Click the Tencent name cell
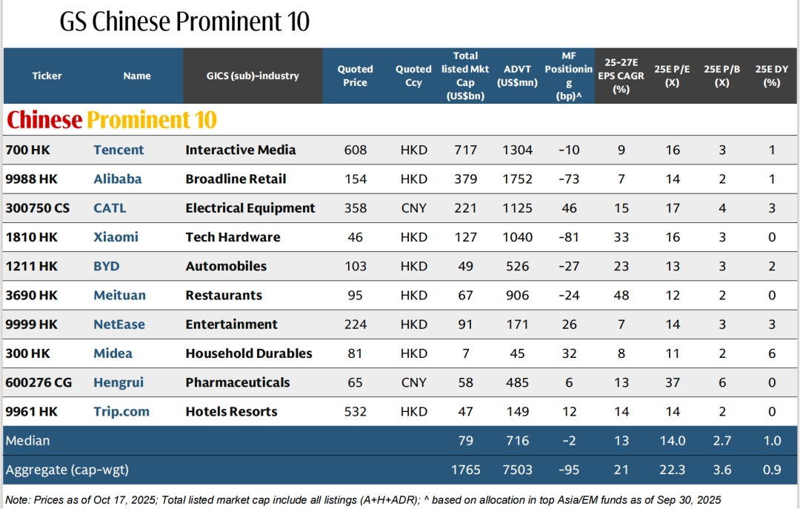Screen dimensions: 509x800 pos(119,150)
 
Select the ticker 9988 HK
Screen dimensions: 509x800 pos(31,179)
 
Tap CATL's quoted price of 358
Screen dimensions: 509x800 pos(356,208)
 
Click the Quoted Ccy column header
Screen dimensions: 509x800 pos(413,76)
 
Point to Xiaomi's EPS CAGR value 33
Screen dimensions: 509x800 pos(621,237)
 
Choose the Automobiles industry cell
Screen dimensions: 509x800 pos(226,266)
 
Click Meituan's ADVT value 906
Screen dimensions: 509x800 pos(516,296)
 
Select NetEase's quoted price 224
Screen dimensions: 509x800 pos(356,325)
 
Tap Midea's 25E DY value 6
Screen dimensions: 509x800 pos(772,353)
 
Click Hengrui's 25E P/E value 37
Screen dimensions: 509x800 pos(672,382)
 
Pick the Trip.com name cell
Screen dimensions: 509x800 pos(121,412)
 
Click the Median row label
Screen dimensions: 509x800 pos(28,441)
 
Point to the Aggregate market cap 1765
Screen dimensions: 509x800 pos(466,470)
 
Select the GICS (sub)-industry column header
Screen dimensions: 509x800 pos(253,76)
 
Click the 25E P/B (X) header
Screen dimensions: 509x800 pos(721,76)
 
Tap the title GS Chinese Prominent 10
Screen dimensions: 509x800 pos(184,22)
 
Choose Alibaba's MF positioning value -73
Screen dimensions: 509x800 pos(569,179)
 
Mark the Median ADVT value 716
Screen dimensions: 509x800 pos(516,441)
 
